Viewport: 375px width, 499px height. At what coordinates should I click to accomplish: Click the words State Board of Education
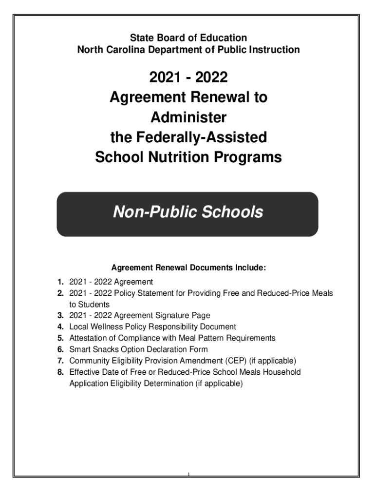point(188,38)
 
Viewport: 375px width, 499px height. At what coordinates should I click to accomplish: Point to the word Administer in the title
point(188,118)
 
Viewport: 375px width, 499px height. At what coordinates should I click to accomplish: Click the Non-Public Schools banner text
point(188,212)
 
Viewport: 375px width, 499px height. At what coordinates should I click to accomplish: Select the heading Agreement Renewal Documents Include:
point(188,268)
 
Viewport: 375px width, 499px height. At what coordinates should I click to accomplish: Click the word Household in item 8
point(280,372)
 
